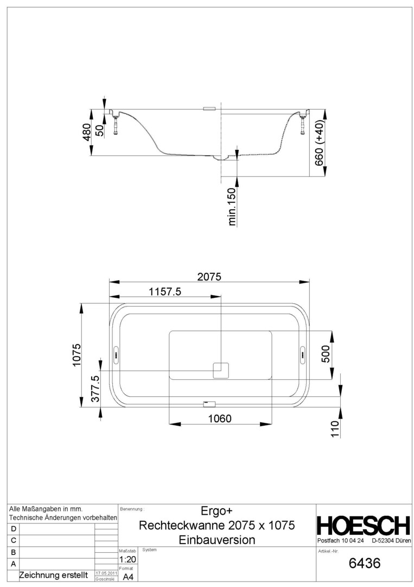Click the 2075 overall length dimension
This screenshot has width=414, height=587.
[209, 277]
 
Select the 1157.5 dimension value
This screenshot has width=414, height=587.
[165, 291]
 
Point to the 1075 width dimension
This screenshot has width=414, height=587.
[77, 355]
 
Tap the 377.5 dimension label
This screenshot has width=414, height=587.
[95, 389]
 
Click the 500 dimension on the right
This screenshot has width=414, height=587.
[326, 354]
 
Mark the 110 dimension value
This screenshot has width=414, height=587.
[335, 429]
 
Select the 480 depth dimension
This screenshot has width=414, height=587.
[87, 132]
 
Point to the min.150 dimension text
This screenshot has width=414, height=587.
[232, 207]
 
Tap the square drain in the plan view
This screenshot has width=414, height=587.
[221, 370]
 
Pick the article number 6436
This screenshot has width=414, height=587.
[364, 563]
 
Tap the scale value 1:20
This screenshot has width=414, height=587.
[128, 559]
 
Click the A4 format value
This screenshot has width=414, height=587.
[128, 577]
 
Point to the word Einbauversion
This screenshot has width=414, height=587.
[216, 540]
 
